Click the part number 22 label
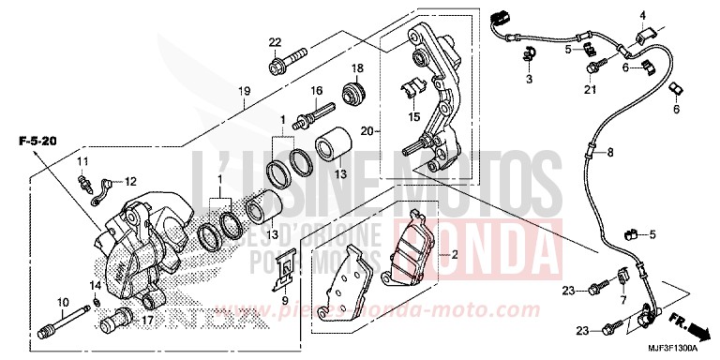[274, 42]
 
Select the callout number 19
[245, 91]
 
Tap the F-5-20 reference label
[37, 141]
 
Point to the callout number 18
[356, 69]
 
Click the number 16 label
[317, 90]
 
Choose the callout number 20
[367, 130]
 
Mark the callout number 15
[413, 117]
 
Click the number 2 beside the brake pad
[455, 253]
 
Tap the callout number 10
[63, 301]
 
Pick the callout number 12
[130, 181]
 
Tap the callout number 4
[644, 16]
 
